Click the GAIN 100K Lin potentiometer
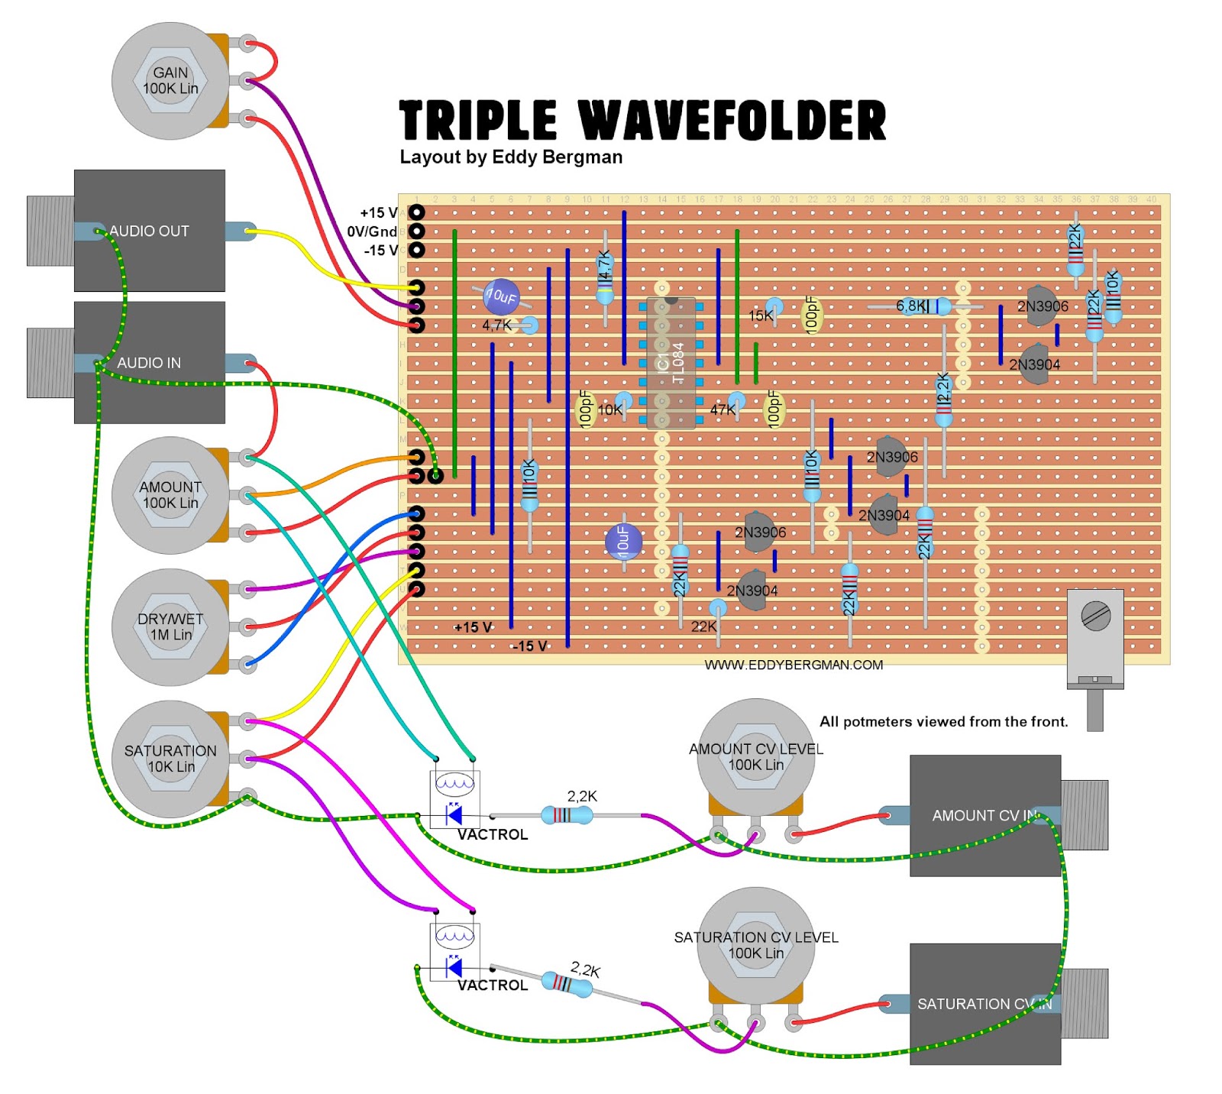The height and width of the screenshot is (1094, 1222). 170,81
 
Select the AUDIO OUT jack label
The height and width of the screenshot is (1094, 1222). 149,231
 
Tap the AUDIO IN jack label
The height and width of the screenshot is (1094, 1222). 149,363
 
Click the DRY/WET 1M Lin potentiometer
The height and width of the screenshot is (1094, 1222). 170,626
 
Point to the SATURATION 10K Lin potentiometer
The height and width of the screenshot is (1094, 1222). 170,759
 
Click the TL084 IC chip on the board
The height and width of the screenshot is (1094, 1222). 671,362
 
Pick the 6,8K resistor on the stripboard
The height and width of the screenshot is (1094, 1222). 924,307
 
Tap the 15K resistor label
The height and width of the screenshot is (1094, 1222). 761,316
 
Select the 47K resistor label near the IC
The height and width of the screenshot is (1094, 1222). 723,409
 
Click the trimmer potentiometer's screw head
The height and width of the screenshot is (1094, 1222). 1096,616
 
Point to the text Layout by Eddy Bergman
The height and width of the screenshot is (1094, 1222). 511,157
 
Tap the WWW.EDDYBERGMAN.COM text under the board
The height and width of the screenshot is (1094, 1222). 794,665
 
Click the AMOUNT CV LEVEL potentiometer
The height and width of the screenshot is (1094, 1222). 755,756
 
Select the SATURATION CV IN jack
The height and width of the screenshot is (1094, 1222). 985,1003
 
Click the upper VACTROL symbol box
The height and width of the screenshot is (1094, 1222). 454,798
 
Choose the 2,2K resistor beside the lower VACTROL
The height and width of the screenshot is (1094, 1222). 567,983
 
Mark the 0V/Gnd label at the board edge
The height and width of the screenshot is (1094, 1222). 372,231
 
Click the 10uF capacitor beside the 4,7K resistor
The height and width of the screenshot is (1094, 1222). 501,296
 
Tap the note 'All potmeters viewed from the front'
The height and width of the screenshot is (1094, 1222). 943,721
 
